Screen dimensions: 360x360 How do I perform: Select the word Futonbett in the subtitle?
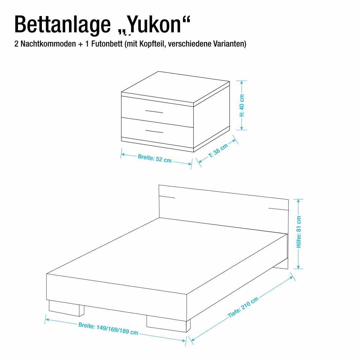107,44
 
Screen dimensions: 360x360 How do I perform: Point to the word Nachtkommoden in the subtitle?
48,44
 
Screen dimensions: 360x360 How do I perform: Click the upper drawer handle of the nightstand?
154,112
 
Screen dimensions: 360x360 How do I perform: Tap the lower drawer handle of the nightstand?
154,132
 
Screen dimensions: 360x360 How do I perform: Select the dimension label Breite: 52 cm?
155,158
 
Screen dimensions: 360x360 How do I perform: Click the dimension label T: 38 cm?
218,151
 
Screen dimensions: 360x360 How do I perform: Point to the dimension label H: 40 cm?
242,105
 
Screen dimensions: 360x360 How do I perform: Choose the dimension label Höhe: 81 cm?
299,232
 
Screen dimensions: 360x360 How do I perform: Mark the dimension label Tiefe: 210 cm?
243,307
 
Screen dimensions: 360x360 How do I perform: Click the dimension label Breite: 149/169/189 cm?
108,329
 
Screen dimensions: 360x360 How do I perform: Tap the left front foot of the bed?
66,308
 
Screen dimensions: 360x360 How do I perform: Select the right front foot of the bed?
169,323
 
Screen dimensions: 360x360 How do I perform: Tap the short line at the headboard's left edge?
167,197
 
